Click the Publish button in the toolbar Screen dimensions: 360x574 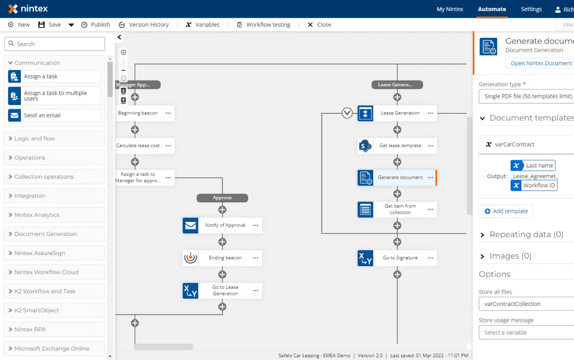[x=96, y=25]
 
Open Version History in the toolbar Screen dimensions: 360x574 [x=144, y=25]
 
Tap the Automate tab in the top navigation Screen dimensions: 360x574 [x=492, y=9]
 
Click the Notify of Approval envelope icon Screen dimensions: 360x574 [x=190, y=226]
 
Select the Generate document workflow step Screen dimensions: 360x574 [x=400, y=177]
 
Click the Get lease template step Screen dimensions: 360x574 [x=400, y=146]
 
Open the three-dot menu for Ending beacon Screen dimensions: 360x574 [x=255, y=258]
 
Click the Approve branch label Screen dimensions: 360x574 [x=222, y=198]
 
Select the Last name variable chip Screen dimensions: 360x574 [x=533, y=165]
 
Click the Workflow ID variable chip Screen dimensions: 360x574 [x=534, y=185]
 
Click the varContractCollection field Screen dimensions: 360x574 [x=526, y=304]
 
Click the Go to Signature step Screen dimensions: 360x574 [x=400, y=258]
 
